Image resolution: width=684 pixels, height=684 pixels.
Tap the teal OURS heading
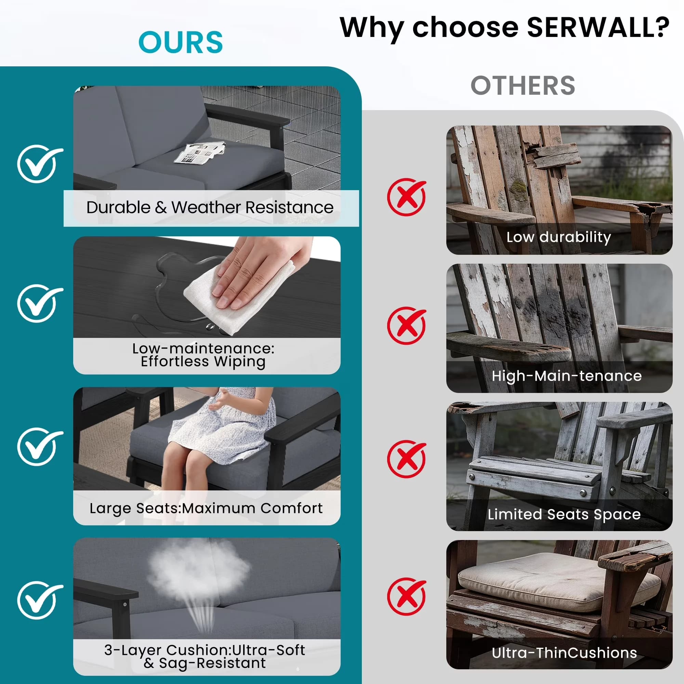(x=181, y=42)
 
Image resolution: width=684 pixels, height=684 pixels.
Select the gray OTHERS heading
(x=523, y=86)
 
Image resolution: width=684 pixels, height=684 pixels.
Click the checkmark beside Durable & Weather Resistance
(x=40, y=163)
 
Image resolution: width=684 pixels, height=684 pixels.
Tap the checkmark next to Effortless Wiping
(x=40, y=303)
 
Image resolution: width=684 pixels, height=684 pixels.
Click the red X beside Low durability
(x=406, y=197)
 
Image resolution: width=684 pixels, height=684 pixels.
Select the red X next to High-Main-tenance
(x=406, y=325)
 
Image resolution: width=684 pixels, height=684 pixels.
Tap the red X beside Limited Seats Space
(x=406, y=459)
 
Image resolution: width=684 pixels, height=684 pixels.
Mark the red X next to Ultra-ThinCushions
(x=406, y=596)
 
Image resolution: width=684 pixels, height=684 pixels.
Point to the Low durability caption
(x=559, y=237)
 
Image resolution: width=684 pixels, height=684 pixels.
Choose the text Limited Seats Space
(x=564, y=514)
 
